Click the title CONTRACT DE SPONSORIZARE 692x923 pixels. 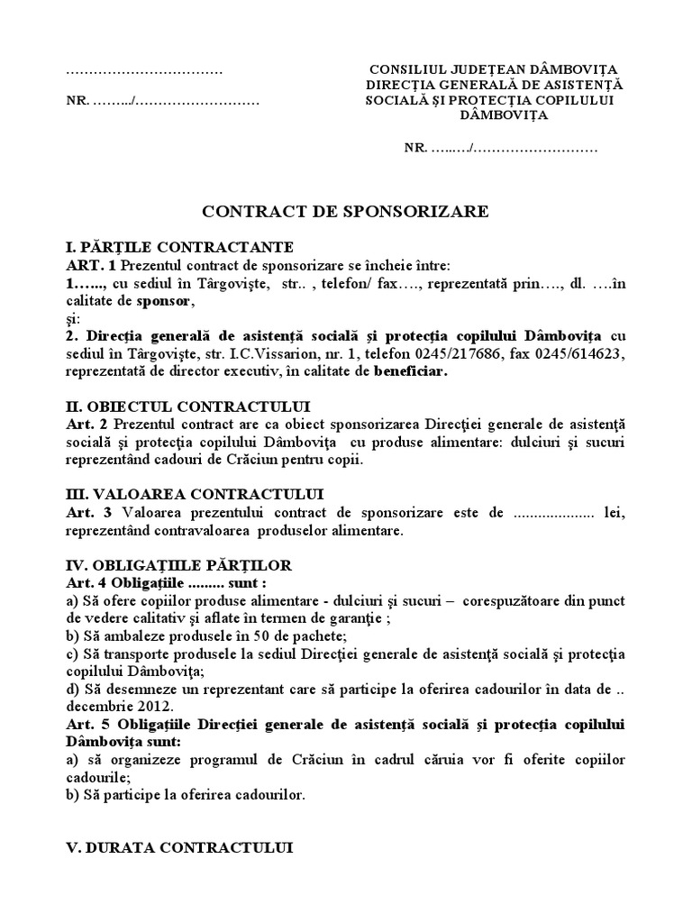345,212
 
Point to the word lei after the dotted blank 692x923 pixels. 615,512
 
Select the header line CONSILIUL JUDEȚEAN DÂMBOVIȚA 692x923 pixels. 496,70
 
